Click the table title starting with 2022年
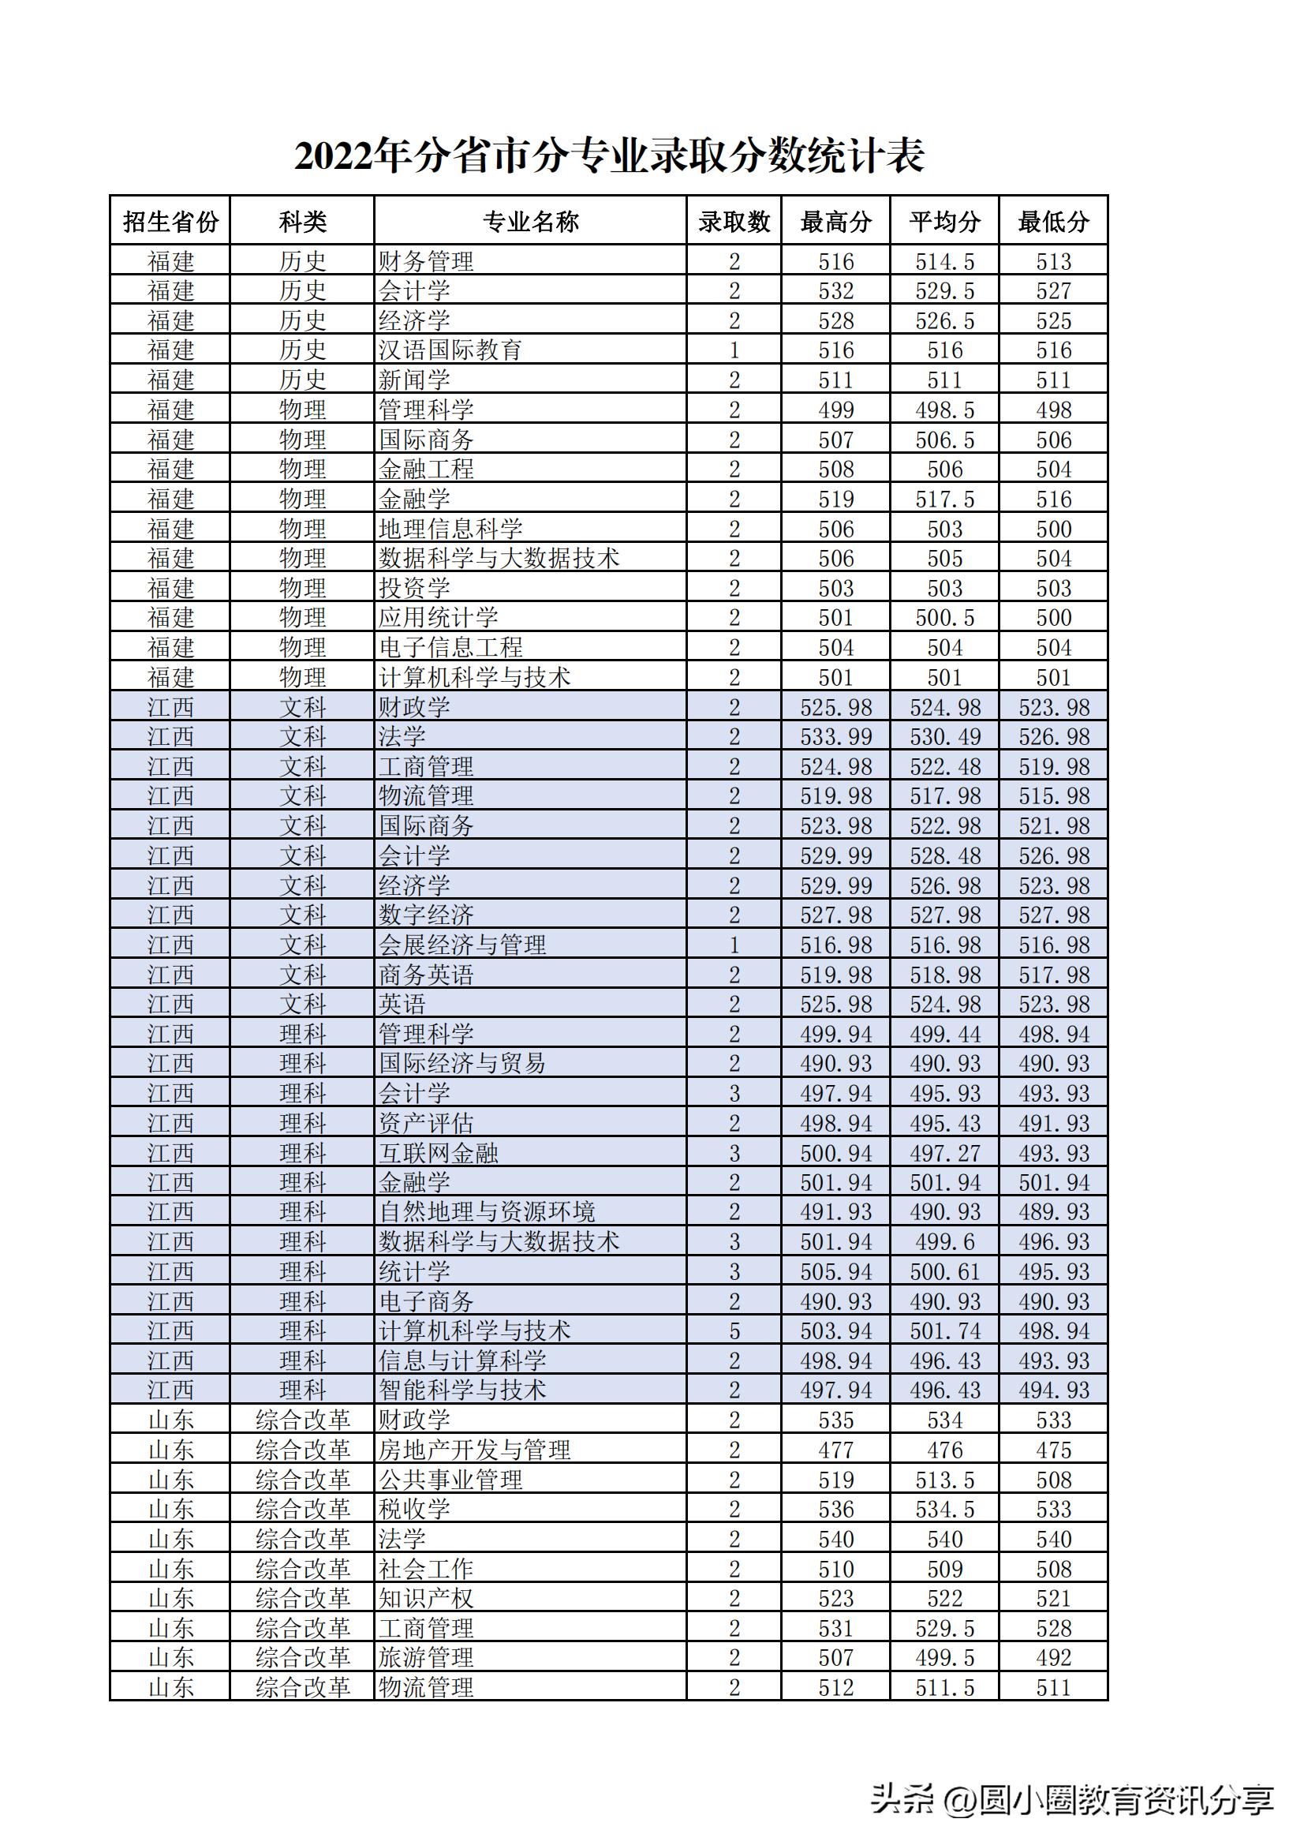point(609,156)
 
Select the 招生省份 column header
point(170,221)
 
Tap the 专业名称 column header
point(530,221)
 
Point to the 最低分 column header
point(1053,221)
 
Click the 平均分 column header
point(945,221)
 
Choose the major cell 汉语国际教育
point(450,350)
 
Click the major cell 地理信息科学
point(450,529)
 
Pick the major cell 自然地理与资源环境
point(487,1211)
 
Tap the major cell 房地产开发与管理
point(475,1450)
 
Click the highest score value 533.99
point(835,737)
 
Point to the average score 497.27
point(945,1153)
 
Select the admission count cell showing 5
point(734,1330)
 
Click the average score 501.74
point(945,1330)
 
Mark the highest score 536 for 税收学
point(835,1509)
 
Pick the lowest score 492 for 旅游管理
point(1053,1657)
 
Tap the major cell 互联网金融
point(439,1153)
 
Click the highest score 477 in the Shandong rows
point(835,1450)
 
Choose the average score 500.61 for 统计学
point(945,1271)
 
